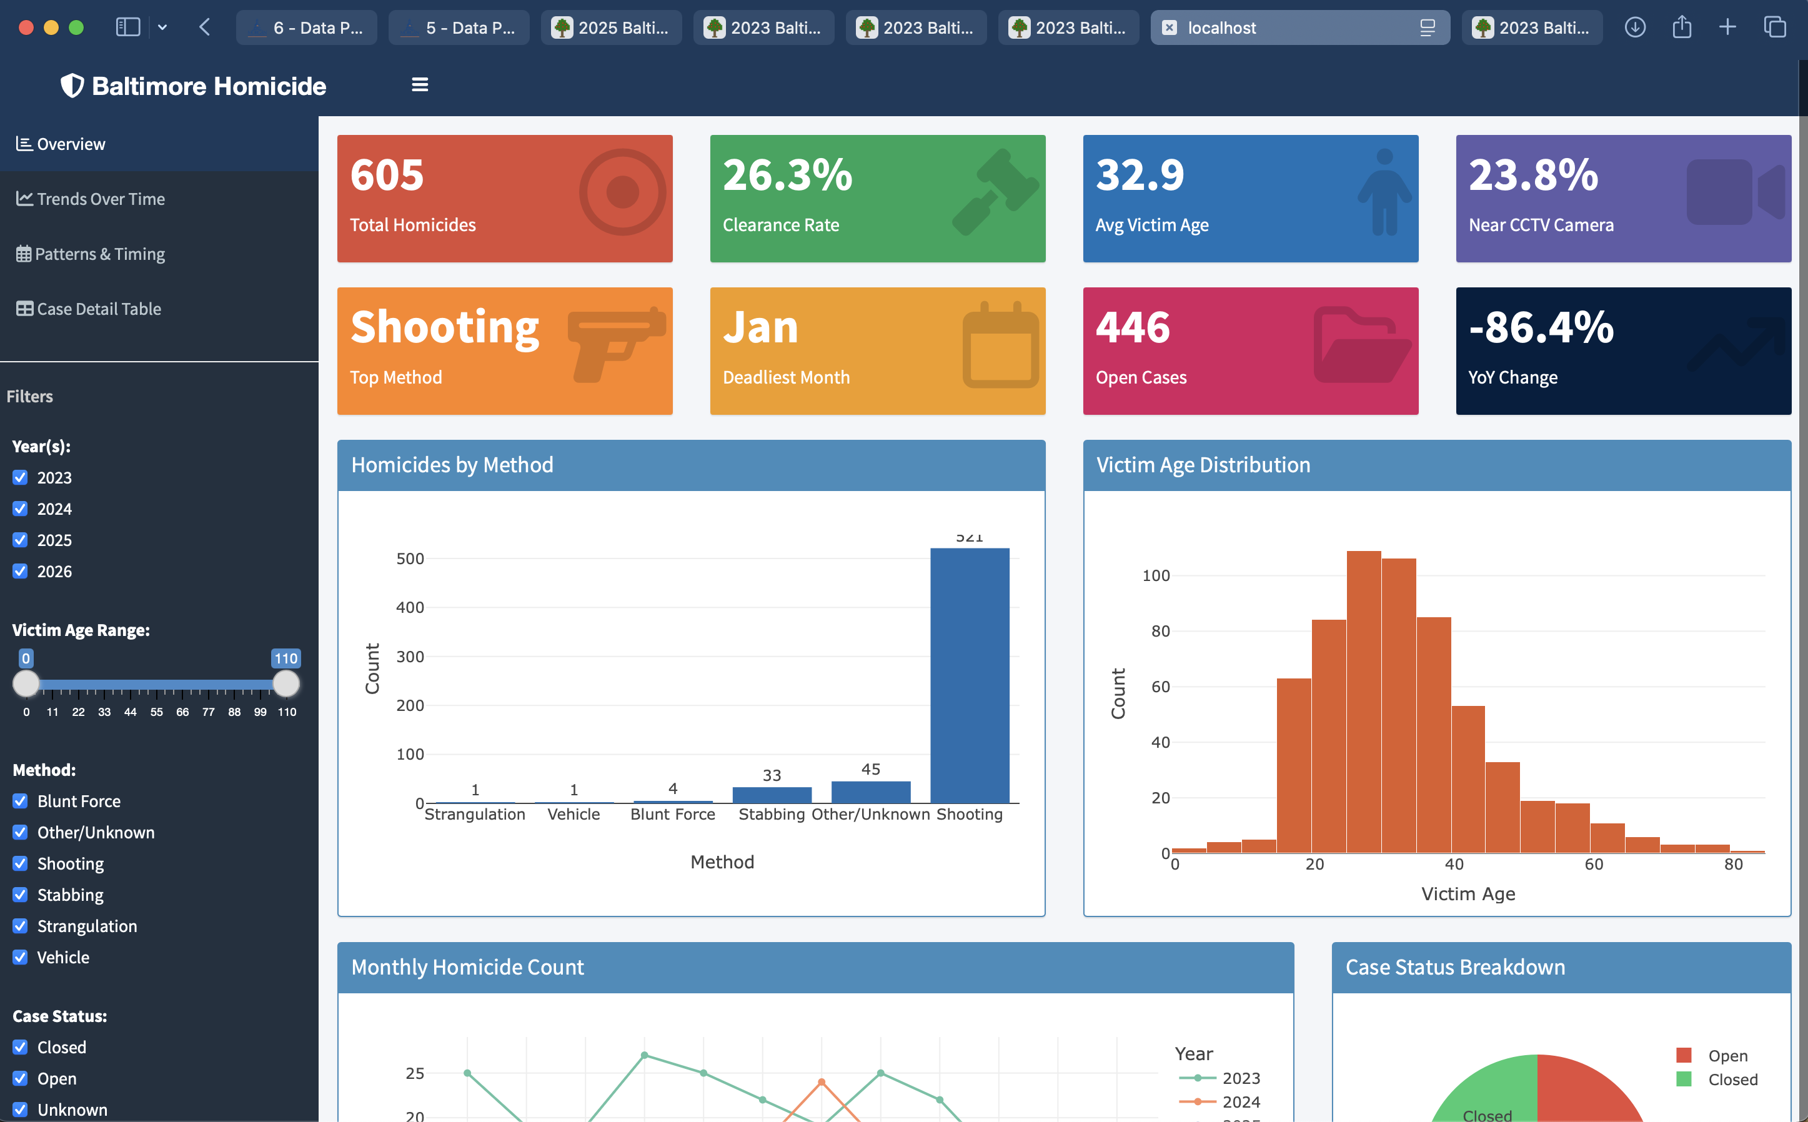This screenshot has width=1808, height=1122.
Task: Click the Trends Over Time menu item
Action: coord(100,199)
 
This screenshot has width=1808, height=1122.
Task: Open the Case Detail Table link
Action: coord(98,309)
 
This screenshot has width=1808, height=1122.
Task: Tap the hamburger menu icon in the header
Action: coord(420,86)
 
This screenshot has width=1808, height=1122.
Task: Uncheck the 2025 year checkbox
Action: coord(20,540)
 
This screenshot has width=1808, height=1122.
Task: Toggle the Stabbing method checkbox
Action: coord(20,895)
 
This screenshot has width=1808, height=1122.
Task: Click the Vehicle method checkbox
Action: coord(20,957)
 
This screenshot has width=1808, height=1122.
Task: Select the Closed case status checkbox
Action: coord(20,1047)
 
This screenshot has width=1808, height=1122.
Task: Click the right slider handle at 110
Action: coord(286,683)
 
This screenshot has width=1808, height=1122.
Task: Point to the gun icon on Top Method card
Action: coord(615,344)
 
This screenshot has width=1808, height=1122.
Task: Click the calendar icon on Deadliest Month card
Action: coord(1000,346)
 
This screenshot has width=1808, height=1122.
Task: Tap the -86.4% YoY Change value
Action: coord(1541,327)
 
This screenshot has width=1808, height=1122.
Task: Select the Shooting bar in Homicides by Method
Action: coord(969,675)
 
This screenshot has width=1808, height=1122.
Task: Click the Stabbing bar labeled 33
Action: coord(772,795)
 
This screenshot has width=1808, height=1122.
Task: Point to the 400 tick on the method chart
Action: coord(410,608)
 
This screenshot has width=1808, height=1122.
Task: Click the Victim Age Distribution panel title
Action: coord(1203,465)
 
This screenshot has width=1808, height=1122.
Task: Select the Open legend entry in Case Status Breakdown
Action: coord(1726,1056)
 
